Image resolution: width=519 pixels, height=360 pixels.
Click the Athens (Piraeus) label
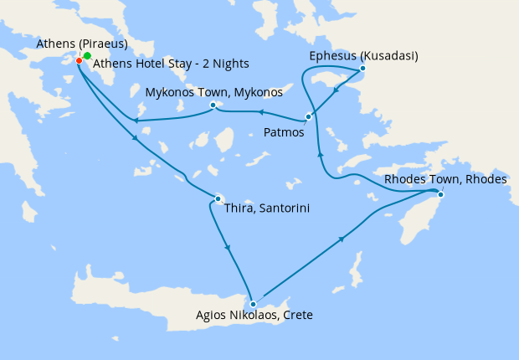[x=82, y=44]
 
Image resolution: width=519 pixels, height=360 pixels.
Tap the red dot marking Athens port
[x=79, y=60]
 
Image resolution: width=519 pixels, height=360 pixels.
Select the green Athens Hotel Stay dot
[x=87, y=55]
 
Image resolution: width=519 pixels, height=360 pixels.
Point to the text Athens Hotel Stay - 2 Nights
[x=171, y=64]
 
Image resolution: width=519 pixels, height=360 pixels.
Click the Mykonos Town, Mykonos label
[x=214, y=90]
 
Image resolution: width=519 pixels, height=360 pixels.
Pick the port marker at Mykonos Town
[x=213, y=105]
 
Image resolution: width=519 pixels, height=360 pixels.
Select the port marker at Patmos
[x=309, y=116]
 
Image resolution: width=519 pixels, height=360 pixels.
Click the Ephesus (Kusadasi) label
[x=363, y=56]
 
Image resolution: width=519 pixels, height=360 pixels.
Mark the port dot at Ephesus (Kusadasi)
[x=362, y=69]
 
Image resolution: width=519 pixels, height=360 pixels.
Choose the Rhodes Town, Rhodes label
[x=444, y=180]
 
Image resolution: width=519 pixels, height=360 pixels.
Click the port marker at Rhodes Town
[x=440, y=195]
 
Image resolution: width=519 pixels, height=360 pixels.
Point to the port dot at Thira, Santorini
[x=218, y=198]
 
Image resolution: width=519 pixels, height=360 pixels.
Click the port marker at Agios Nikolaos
[x=253, y=304]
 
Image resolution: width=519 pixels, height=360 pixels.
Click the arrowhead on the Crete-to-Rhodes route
[x=342, y=239]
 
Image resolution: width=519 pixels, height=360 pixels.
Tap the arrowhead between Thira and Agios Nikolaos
[x=228, y=248]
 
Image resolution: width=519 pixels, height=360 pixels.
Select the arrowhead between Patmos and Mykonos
[x=260, y=111]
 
